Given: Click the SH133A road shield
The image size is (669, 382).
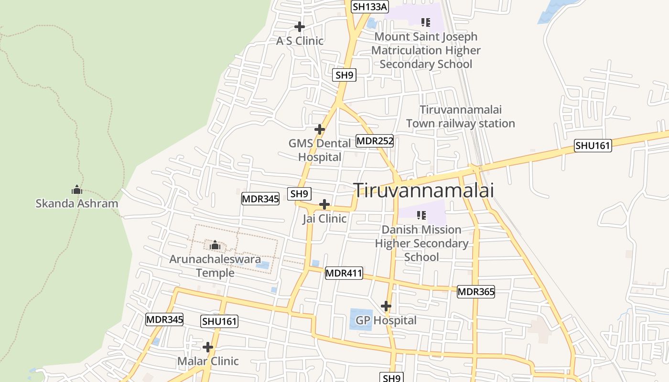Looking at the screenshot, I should [370, 7].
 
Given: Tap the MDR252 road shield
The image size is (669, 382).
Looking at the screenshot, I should [375, 141].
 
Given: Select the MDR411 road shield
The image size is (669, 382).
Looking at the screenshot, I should [344, 274].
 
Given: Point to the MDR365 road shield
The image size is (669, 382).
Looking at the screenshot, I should [475, 292].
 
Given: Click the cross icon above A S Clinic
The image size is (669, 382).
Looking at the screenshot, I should [300, 27].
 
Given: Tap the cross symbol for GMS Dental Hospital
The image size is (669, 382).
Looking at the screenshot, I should [320, 129].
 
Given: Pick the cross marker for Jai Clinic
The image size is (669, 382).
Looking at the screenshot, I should [324, 204].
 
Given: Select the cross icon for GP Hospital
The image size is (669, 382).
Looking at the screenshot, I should [386, 306].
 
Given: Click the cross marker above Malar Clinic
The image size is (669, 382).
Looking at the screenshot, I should [208, 347].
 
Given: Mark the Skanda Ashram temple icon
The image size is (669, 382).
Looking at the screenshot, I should [77, 190].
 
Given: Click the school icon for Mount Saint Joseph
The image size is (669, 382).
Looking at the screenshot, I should [425, 22].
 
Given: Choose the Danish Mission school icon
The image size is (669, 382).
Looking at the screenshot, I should [421, 215].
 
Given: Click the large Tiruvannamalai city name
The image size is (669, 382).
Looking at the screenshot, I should [423, 190].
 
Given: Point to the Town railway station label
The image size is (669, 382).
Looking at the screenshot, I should [460, 117].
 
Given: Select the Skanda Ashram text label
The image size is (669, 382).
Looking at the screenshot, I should [77, 203].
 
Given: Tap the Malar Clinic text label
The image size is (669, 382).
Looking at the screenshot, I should [208, 361].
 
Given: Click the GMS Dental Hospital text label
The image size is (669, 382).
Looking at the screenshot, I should [320, 150].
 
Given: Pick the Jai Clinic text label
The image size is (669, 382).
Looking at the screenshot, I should [324, 219].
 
